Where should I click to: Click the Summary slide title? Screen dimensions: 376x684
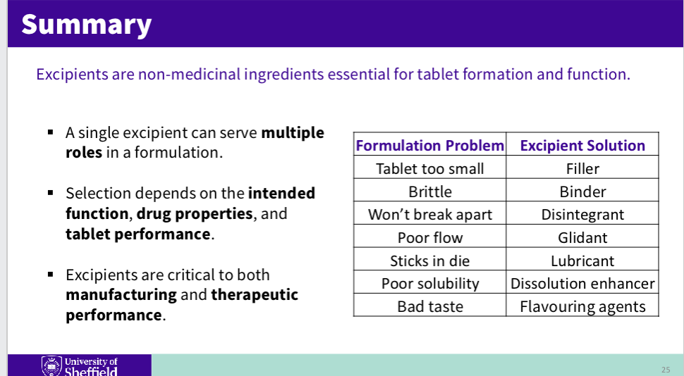point(86,24)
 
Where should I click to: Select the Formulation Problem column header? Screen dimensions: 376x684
point(429,146)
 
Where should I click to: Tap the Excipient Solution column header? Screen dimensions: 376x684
point(582,146)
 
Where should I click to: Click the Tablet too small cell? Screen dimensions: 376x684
point(429,169)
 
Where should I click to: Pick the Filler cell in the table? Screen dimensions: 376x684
point(582,169)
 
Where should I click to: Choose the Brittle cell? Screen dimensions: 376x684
point(429,192)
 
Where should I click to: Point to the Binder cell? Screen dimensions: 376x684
point(582,192)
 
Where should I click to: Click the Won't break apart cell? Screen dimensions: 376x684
point(429,215)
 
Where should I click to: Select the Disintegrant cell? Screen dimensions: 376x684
point(582,215)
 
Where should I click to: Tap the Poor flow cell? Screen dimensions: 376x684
point(429,238)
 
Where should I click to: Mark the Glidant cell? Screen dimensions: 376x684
point(582,238)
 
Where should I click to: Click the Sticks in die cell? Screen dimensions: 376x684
point(429,261)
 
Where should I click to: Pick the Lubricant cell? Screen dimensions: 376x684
point(582,261)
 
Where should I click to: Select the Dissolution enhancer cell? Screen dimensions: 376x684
point(582,284)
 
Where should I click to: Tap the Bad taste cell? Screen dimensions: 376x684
point(429,307)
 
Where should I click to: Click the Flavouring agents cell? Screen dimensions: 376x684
point(582,307)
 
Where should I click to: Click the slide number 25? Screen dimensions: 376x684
point(666,370)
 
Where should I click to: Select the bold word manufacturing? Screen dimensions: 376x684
point(121,295)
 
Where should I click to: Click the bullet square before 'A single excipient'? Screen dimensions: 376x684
point(51,132)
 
